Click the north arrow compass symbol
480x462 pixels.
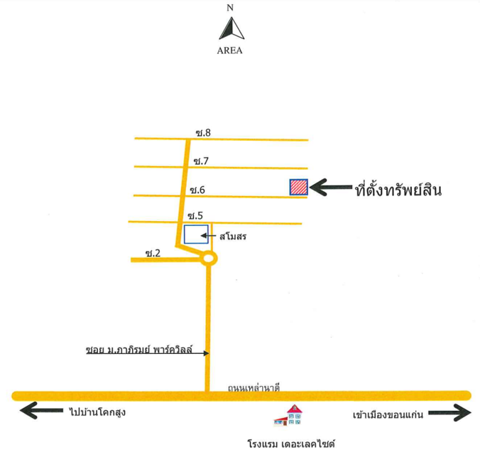(231, 28)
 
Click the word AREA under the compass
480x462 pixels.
(229, 50)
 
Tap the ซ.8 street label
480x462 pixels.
(203, 133)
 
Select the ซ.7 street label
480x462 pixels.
(201, 161)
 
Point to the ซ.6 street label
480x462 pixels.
(197, 190)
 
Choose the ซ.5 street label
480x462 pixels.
(195, 215)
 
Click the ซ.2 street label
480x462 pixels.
(153, 253)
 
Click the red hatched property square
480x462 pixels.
(299, 187)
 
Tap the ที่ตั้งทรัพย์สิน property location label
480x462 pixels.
(398, 189)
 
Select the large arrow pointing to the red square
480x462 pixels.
(331, 187)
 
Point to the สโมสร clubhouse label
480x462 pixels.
(233, 236)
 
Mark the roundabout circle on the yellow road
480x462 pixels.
(209, 251)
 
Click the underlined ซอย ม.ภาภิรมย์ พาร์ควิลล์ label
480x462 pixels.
(139, 350)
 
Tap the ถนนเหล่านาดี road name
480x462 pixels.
(253, 388)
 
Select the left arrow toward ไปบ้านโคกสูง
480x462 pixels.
(41, 410)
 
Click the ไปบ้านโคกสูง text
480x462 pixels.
(97, 412)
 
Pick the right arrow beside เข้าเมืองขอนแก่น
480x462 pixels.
(449, 413)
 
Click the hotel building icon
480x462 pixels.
(288, 415)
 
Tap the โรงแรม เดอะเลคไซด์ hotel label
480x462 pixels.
(291, 444)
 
